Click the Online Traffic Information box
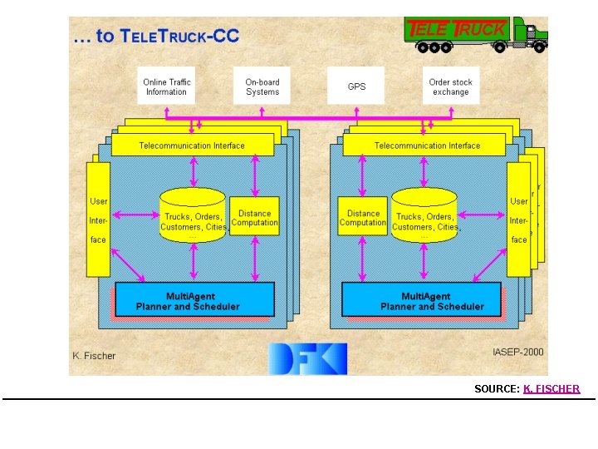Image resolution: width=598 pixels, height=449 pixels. click(x=166, y=86)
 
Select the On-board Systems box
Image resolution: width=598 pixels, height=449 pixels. click(x=262, y=86)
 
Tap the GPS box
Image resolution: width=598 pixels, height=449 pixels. click(x=356, y=86)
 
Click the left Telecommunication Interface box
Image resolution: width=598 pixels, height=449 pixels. click(x=192, y=146)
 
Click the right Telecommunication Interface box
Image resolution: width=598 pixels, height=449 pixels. click(x=427, y=146)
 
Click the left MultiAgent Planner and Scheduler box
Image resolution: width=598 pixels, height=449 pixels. click(x=194, y=300)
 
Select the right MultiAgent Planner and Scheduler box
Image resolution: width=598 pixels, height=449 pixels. click(x=422, y=300)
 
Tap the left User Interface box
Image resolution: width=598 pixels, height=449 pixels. click(x=98, y=220)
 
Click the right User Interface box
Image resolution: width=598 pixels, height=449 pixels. click(x=518, y=220)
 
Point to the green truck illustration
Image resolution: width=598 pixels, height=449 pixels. click(x=477, y=35)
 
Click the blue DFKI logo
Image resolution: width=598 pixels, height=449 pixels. click(x=306, y=358)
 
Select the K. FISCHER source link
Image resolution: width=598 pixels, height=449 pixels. click(x=551, y=388)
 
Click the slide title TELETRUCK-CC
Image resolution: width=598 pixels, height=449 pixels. click(x=159, y=36)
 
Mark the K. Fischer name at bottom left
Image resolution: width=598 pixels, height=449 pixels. click(x=94, y=356)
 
